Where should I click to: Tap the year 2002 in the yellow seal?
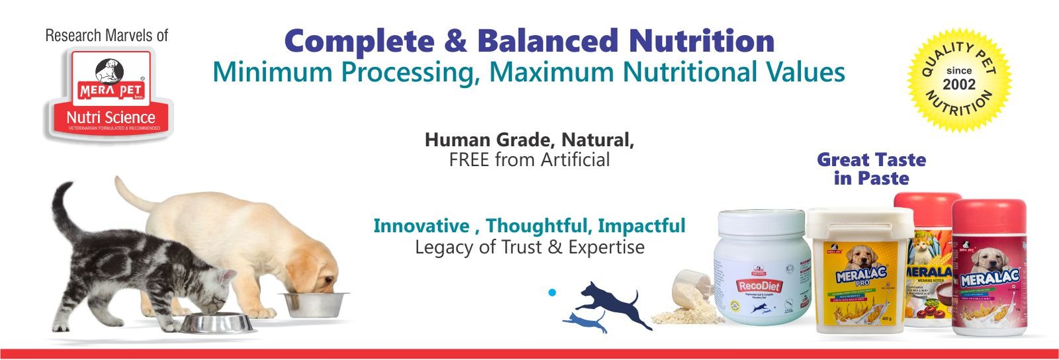pos(959,84)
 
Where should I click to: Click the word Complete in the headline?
pos(359,41)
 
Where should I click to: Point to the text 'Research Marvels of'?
pos(107,36)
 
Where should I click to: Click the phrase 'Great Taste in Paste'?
pos(871,169)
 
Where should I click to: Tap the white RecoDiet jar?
pos(763,278)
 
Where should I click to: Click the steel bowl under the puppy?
pos(314,304)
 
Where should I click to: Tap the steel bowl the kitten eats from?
pos(217,323)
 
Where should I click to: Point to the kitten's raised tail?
pos(63,212)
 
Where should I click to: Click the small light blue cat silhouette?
pos(586,322)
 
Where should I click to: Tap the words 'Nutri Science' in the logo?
pos(111,117)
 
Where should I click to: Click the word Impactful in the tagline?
pos(641,226)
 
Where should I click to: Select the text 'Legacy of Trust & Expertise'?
pos(529,247)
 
